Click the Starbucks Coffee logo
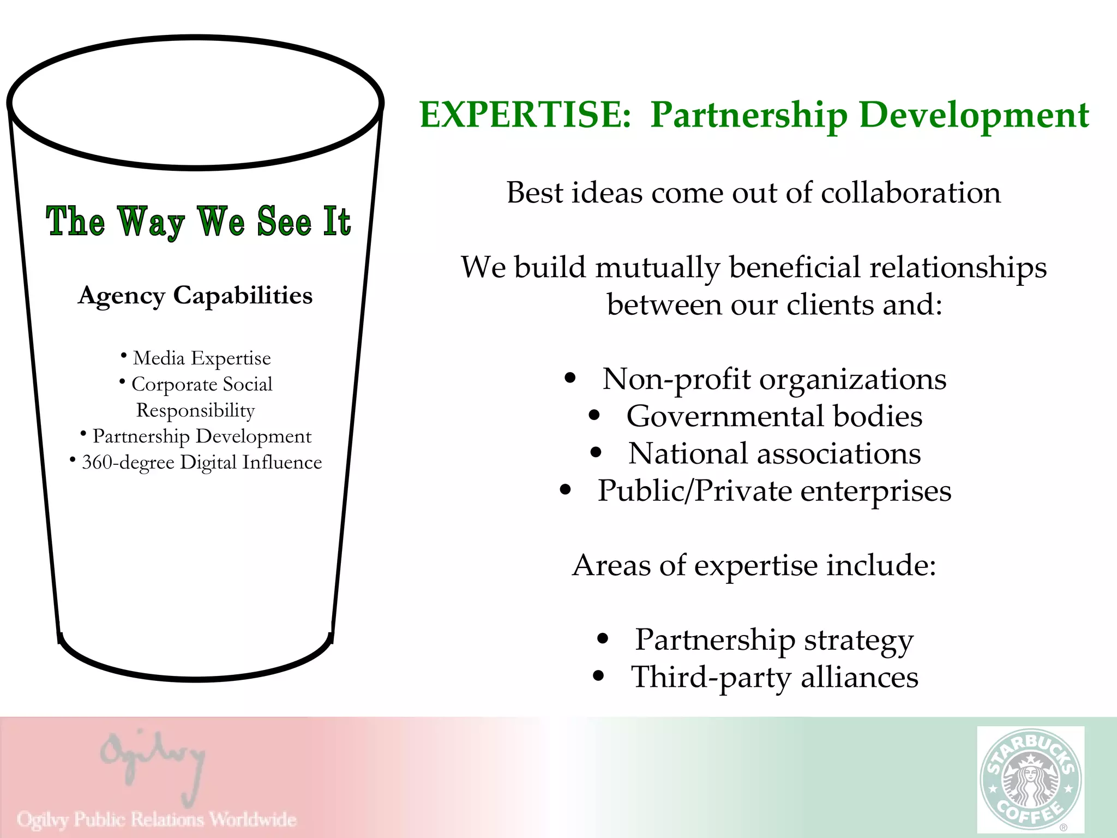tap(1030, 779)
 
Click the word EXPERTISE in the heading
tap(525, 115)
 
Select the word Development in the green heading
tap(974, 115)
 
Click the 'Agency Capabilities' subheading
tap(195, 295)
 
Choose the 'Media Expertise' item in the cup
tap(202, 358)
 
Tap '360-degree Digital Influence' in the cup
tap(202, 463)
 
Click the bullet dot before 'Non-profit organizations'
tap(570, 378)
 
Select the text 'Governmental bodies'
tap(774, 416)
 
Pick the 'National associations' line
tap(774, 453)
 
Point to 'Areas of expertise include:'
tap(754, 565)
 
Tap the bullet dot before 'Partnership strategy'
tap(602, 639)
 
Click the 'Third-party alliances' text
tap(774, 677)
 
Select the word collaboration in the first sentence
tap(910, 193)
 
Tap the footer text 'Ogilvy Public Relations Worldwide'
tap(157, 819)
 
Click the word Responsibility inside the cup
tap(195, 410)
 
